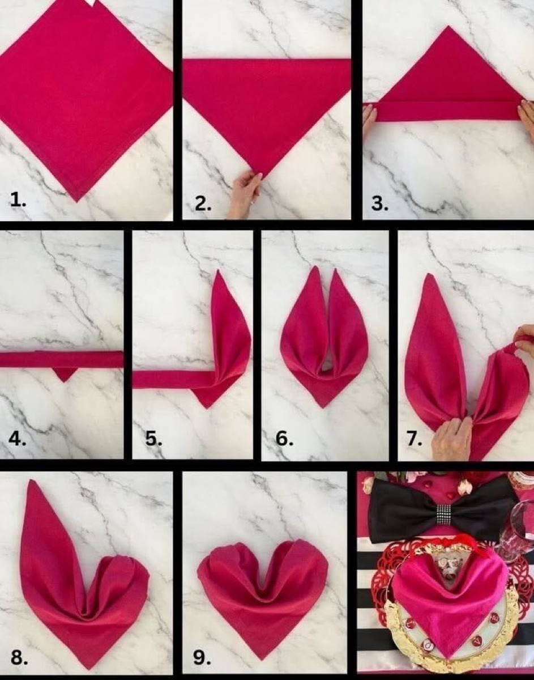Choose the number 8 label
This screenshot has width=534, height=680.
[x=19, y=657]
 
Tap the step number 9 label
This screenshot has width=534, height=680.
[x=201, y=657]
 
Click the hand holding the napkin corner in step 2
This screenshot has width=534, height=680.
[x=245, y=195]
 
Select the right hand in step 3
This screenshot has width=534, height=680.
[x=527, y=116]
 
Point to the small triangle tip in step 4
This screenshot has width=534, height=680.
[x=65, y=373]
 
